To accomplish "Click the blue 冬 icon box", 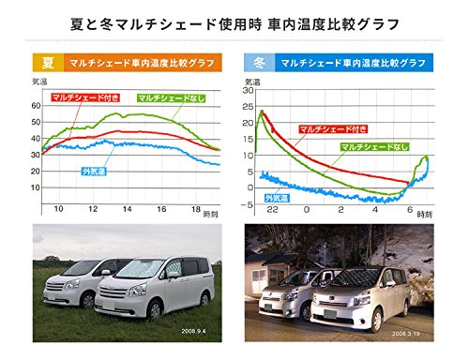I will pos(255,65).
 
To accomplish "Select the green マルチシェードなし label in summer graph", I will pos(170,98).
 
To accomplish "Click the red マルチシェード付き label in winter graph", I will pos(328,127).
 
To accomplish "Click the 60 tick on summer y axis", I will pos(37,104).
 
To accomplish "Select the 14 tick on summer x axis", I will pos(127,209).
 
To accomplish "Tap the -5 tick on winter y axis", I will pos(248,201).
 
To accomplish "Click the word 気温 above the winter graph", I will pos(250,81).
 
